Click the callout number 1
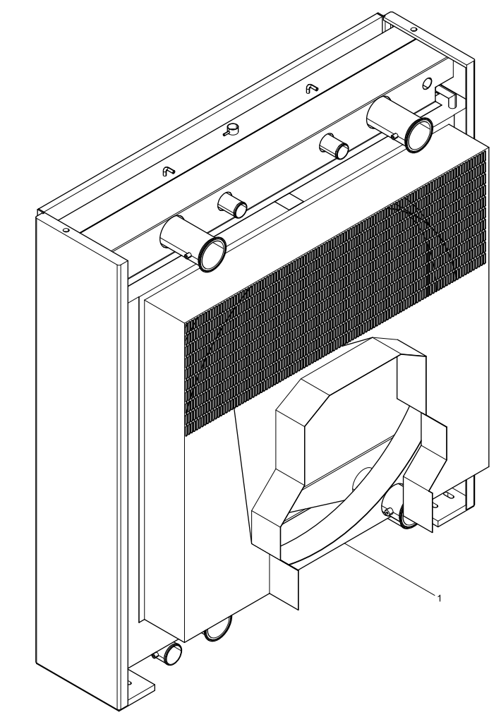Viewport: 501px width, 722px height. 440,598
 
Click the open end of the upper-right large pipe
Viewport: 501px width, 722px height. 419,135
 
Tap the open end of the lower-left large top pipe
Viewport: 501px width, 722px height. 212,253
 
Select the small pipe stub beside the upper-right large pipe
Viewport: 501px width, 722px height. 334,146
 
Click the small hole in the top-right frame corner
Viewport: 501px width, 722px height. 414,30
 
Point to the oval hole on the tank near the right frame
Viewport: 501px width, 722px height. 428,83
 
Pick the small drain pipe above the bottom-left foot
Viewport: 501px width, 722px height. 167,654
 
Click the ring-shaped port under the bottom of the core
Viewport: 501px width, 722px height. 217,627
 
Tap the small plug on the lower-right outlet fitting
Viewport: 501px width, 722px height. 389,512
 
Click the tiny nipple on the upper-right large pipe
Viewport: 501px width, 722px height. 394,136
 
